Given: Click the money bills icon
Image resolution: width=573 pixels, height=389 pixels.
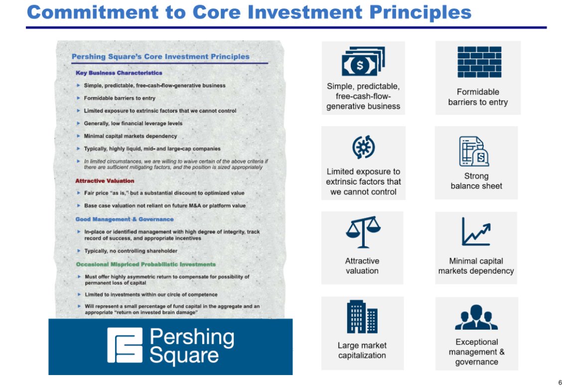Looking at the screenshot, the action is (363, 61).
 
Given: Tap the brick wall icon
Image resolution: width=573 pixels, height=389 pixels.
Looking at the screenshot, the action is (479, 62).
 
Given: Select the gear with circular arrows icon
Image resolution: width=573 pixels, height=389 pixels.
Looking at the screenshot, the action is (364, 147).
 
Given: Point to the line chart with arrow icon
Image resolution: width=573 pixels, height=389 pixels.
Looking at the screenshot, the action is (476, 231).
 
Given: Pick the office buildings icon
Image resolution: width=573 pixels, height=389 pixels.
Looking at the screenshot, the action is (362, 317).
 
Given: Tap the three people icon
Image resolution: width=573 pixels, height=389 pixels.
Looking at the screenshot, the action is (476, 317).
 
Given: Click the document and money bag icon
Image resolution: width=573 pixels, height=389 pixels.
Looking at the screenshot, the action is (474, 151).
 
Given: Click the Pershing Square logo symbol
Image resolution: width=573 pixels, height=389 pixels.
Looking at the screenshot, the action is (125, 345).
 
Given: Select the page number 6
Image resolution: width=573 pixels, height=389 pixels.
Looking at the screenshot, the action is (560, 383).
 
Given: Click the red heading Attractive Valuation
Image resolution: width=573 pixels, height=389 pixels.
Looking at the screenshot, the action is (105, 181).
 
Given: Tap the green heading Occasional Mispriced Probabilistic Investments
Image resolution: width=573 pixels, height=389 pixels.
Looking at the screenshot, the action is (146, 264).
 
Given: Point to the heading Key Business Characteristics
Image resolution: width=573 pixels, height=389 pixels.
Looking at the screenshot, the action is (119, 73).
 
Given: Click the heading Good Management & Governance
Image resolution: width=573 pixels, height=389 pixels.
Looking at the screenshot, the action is (125, 219).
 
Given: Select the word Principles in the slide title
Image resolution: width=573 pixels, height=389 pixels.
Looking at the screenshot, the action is (420, 13).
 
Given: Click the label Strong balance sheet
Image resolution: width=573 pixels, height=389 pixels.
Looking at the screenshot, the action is (476, 181).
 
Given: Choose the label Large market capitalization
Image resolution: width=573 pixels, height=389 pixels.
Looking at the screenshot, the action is (362, 350).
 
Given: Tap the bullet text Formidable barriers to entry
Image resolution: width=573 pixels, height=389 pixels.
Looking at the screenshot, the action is (120, 98).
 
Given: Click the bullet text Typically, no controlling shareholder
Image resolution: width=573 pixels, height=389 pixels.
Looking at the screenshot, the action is (131, 251).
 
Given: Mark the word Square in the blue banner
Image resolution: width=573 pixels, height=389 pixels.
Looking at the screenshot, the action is (184, 356).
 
